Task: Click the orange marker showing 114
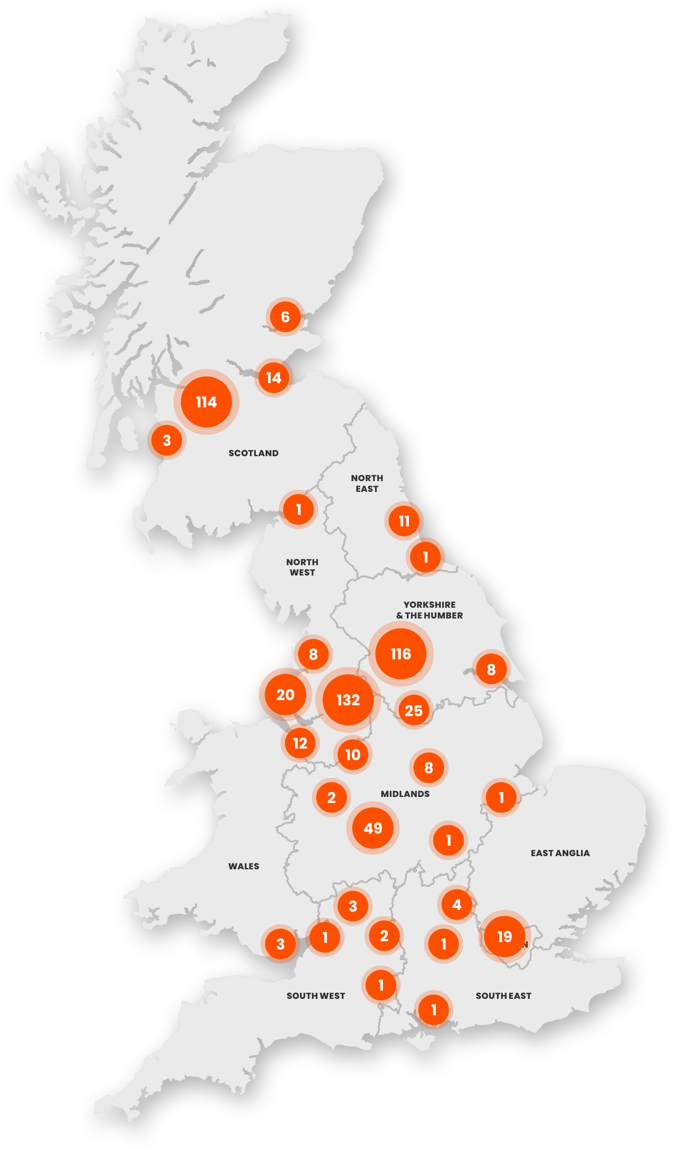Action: click(x=206, y=402)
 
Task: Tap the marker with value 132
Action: click(x=348, y=700)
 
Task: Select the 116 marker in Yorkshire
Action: click(x=401, y=654)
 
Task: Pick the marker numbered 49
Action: click(x=373, y=828)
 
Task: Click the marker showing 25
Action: click(x=414, y=710)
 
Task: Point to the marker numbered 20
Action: click(x=286, y=694)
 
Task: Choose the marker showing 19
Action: click(x=504, y=936)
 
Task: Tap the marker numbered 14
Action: click(x=274, y=377)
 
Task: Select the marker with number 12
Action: click(x=300, y=743)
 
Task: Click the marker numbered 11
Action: click(x=404, y=521)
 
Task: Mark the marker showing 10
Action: click(x=353, y=754)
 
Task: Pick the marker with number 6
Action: click(x=286, y=317)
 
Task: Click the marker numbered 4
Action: click(x=457, y=905)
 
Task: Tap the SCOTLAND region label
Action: click(x=253, y=453)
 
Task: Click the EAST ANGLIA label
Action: click(x=560, y=853)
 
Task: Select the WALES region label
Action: click(x=244, y=866)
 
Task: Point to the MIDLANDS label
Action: click(x=405, y=794)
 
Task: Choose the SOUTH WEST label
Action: click(x=315, y=996)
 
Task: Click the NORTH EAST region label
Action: click(x=367, y=483)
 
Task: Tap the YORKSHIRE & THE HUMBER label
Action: click(x=429, y=610)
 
